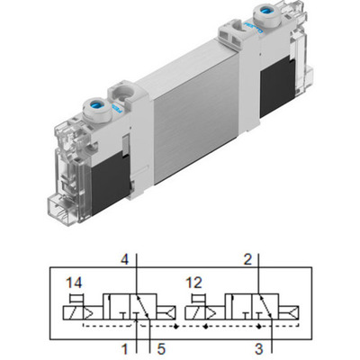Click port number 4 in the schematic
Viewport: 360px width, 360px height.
(126, 261)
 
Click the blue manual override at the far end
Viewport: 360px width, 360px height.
(267, 14)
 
